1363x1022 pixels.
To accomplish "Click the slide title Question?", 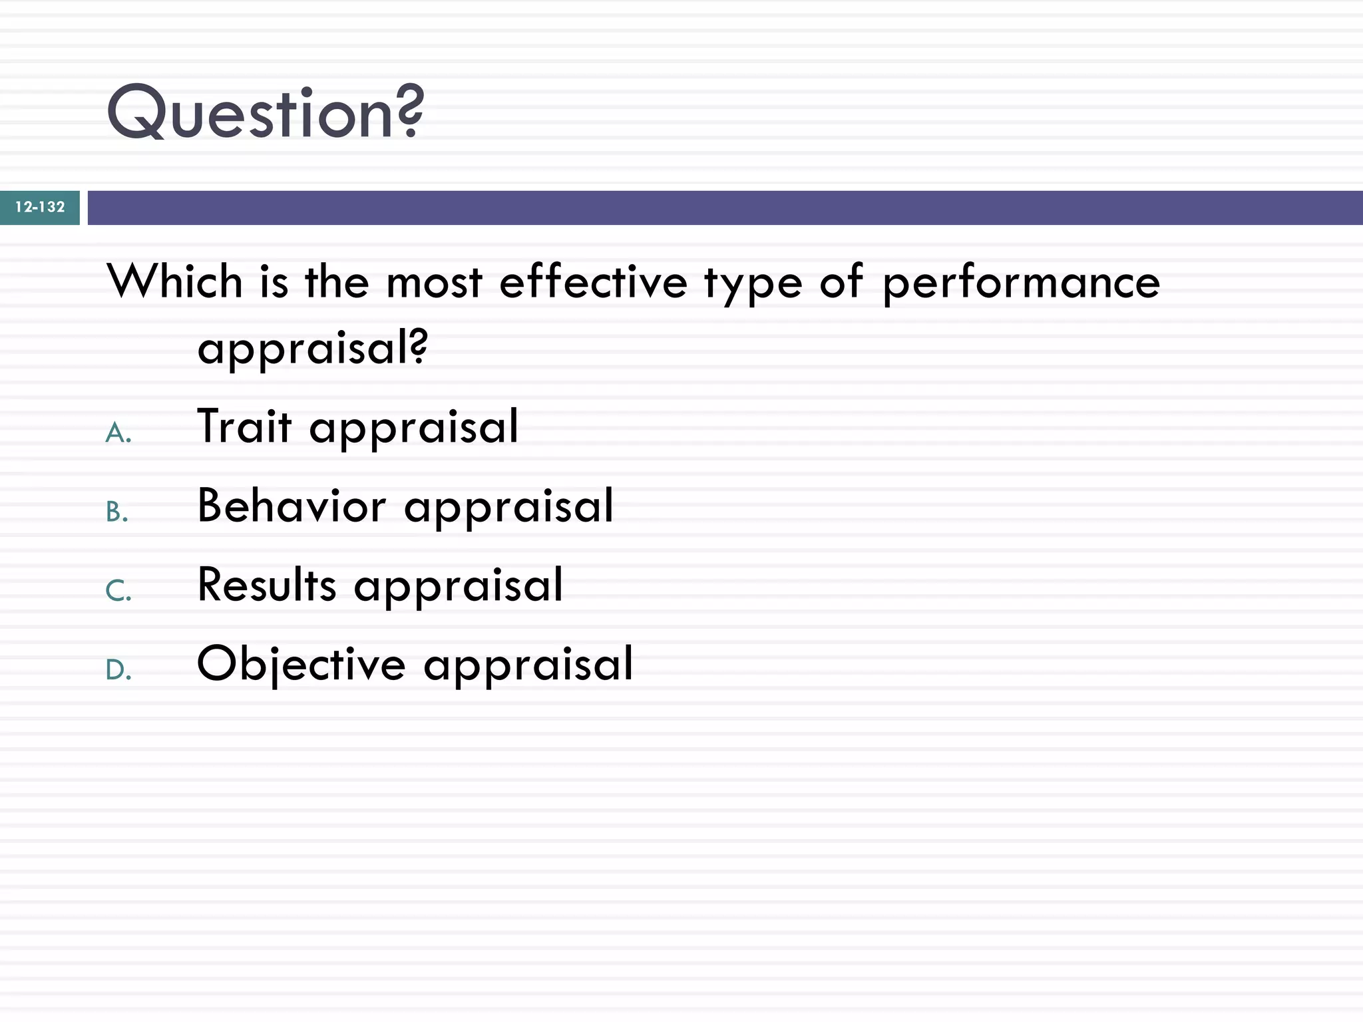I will coord(265,113).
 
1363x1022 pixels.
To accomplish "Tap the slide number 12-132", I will coord(40,207).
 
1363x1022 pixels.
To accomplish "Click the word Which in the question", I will coord(174,281).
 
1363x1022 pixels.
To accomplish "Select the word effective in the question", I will coord(593,281).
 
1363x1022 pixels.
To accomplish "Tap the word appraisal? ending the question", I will coord(313,348).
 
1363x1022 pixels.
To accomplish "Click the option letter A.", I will coord(118,433).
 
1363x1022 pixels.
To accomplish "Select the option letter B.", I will coord(117,512).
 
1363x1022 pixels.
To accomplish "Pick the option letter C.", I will coord(118,591).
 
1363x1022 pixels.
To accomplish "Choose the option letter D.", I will coord(118,670).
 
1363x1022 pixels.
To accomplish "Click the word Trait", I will coord(244,426).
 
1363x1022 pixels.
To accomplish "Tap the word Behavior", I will coord(292,506).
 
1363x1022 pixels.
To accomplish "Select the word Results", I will coord(267,585).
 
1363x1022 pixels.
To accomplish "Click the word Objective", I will coord(301,665).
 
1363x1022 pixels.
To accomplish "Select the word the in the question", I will coord(336,281).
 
